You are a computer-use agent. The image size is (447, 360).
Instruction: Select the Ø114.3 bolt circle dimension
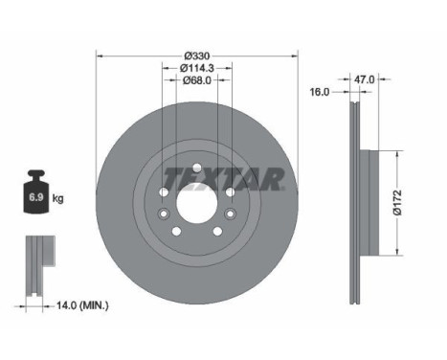coord(198,67)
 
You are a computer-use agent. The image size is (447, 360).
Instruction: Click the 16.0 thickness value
coord(321,92)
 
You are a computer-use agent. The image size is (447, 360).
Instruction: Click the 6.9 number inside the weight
coord(35,199)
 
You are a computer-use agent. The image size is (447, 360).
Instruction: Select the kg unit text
coord(58,199)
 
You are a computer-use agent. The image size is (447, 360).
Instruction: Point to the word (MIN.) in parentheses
coord(96,305)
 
